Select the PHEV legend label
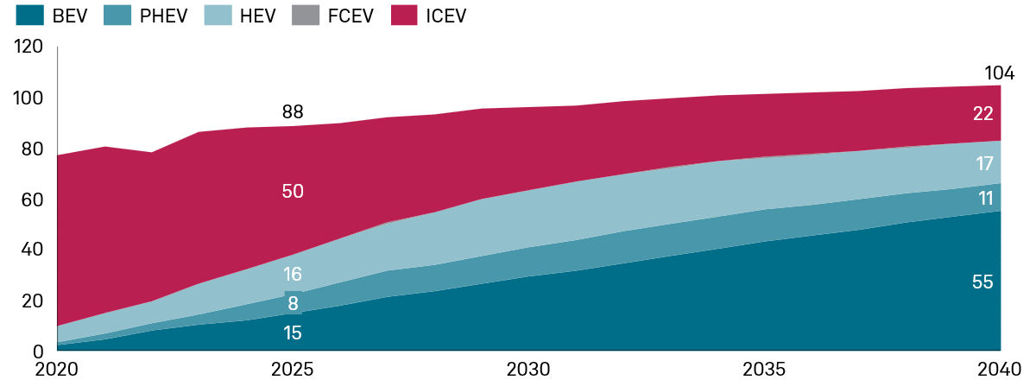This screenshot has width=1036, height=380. tap(164, 16)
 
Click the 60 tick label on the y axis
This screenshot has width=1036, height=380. tap(33, 199)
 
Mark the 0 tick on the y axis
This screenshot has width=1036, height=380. tap(38, 351)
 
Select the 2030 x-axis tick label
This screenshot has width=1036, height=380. tap(528, 370)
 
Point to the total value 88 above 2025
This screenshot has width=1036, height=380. tap(293, 111)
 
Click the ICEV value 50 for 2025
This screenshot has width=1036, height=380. tap(293, 191)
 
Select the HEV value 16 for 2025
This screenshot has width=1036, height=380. tap(292, 275)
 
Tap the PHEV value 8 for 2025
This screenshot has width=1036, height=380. tap(293, 303)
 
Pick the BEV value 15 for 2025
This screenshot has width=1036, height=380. tap(292, 332)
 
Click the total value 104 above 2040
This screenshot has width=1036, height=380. tap(999, 73)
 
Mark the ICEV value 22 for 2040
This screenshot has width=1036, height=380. tap(982, 113)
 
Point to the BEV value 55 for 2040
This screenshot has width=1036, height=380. tap(982, 282)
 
